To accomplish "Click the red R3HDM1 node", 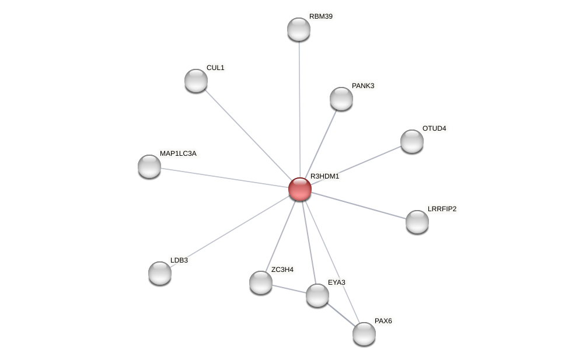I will click(300, 189).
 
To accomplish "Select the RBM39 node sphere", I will click(299, 29).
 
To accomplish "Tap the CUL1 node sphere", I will click(196, 81).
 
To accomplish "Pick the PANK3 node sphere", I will click(341, 99).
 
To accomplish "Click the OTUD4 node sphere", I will click(412, 141).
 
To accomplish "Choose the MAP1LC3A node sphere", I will click(149, 166).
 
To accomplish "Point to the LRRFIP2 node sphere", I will click(417, 222).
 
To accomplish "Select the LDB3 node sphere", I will click(160, 273).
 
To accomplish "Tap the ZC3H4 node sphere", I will click(261, 282).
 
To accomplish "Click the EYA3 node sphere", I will click(317, 295).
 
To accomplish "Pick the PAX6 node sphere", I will click(364, 334).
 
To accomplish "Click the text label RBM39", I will click(321, 16).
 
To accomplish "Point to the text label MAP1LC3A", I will click(178, 153).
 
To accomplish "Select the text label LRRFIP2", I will click(442, 209).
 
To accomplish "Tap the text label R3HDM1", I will click(324, 176).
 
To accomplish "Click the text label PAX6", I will click(383, 321).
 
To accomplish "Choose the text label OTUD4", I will click(434, 128).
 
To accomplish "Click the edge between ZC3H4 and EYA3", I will click(289, 289).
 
